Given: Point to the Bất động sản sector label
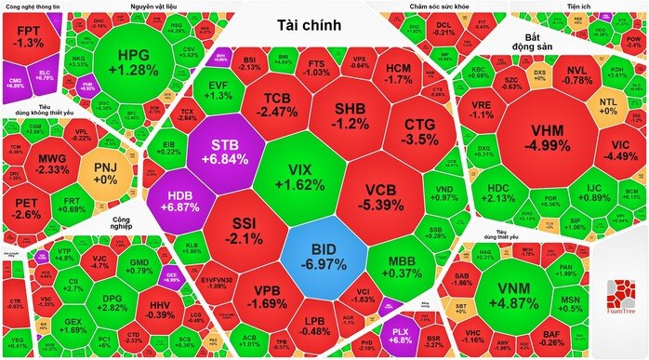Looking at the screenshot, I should point(534,42).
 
